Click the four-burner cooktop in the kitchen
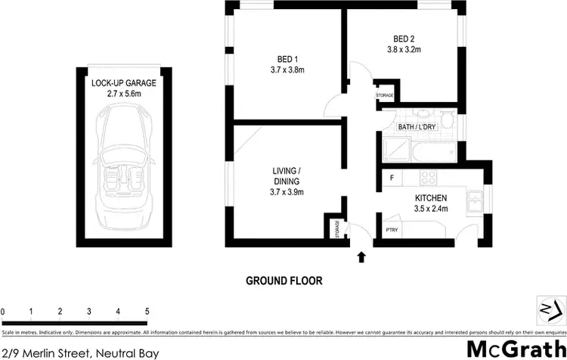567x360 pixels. (x=429, y=178)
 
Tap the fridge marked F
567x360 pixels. (x=392, y=178)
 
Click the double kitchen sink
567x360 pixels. (x=476, y=201)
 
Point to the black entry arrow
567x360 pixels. (x=361, y=257)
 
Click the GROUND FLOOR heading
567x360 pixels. (x=283, y=280)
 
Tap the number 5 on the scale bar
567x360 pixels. (x=147, y=312)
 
